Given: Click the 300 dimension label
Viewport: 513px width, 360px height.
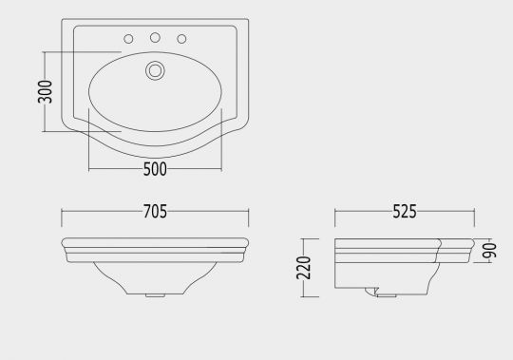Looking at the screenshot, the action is pos(46,91).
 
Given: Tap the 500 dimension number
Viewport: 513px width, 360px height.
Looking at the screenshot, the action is pos(155,169).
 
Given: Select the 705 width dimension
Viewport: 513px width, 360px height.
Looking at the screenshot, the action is pos(155,211).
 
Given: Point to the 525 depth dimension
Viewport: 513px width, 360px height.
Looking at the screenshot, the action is pos(405,211).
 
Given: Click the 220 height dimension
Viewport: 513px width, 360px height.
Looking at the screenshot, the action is pos(304,268).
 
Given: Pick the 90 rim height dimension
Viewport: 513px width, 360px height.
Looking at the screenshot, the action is pos(490,251).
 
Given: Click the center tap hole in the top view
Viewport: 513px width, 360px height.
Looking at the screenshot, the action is pos(155,38).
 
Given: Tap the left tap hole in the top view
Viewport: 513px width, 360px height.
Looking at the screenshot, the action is pos(128,39).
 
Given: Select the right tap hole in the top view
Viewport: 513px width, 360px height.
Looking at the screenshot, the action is pos(181,39).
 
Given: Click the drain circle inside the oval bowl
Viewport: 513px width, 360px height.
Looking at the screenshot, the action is pos(155,70).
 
